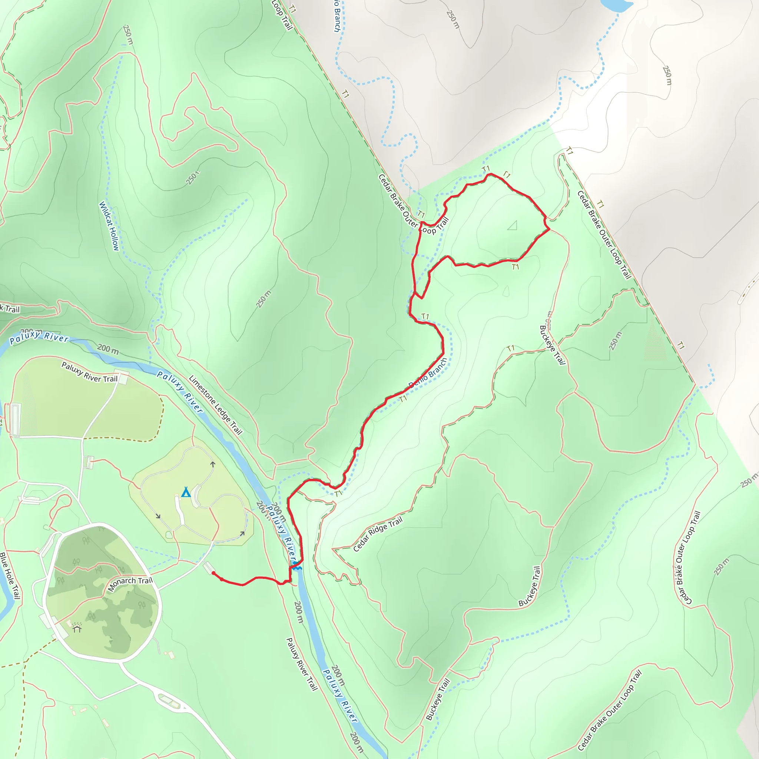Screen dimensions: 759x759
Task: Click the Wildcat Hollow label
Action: (x=109, y=226)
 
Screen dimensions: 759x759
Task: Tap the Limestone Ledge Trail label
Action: (x=215, y=405)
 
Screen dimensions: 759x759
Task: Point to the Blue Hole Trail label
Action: (x=10, y=576)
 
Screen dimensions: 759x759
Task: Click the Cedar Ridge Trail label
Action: (x=378, y=534)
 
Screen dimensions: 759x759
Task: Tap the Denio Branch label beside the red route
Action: (x=428, y=373)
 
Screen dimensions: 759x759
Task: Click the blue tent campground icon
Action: (x=186, y=492)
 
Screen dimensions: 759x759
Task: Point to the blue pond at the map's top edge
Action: (x=616, y=5)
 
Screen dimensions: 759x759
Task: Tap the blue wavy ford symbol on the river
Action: (x=296, y=567)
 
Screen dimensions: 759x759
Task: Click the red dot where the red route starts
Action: (x=213, y=573)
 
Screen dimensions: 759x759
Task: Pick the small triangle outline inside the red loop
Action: (x=512, y=225)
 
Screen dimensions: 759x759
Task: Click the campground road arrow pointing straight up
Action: (x=212, y=464)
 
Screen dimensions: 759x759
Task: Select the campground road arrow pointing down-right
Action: (x=158, y=516)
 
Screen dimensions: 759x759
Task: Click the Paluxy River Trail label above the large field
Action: (x=90, y=372)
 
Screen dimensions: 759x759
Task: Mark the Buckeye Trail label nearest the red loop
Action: (x=552, y=345)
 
